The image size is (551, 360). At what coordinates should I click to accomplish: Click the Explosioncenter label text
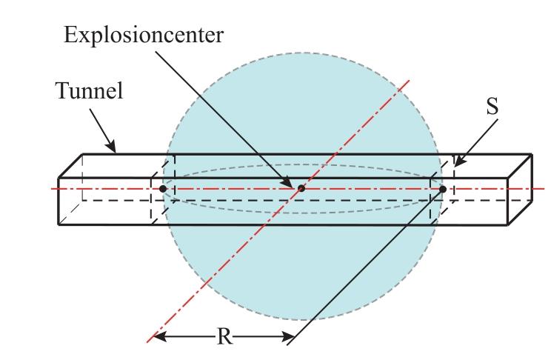pos(144,36)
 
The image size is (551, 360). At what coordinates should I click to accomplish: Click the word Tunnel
pos(90,90)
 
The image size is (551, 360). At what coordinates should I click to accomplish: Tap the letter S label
pos(492,107)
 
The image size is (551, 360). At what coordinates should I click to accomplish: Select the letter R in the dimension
pos(224,336)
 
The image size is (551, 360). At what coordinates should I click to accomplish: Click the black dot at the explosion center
pos(301,189)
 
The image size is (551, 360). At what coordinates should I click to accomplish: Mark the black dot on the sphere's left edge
pos(163,189)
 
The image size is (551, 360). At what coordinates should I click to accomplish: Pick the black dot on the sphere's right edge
pos(443,189)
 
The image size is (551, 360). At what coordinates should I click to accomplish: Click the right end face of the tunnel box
pos(520,189)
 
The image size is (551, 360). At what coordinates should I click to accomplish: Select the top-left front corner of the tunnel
pos(59,179)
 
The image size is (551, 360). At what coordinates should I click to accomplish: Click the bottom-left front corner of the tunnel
pos(59,224)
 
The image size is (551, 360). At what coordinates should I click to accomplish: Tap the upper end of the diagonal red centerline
pos(410,80)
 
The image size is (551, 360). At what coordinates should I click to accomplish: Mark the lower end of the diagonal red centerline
pos(147,342)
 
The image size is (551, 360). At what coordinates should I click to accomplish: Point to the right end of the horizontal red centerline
pos(544,189)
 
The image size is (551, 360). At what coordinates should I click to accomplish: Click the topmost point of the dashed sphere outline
pos(301,53)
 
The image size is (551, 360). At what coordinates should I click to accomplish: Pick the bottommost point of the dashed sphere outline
pos(301,320)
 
